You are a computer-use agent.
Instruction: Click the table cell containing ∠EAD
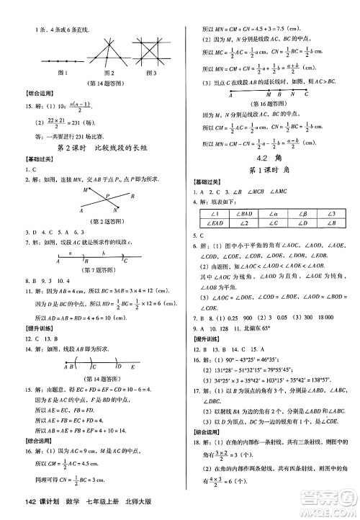click(210, 223)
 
